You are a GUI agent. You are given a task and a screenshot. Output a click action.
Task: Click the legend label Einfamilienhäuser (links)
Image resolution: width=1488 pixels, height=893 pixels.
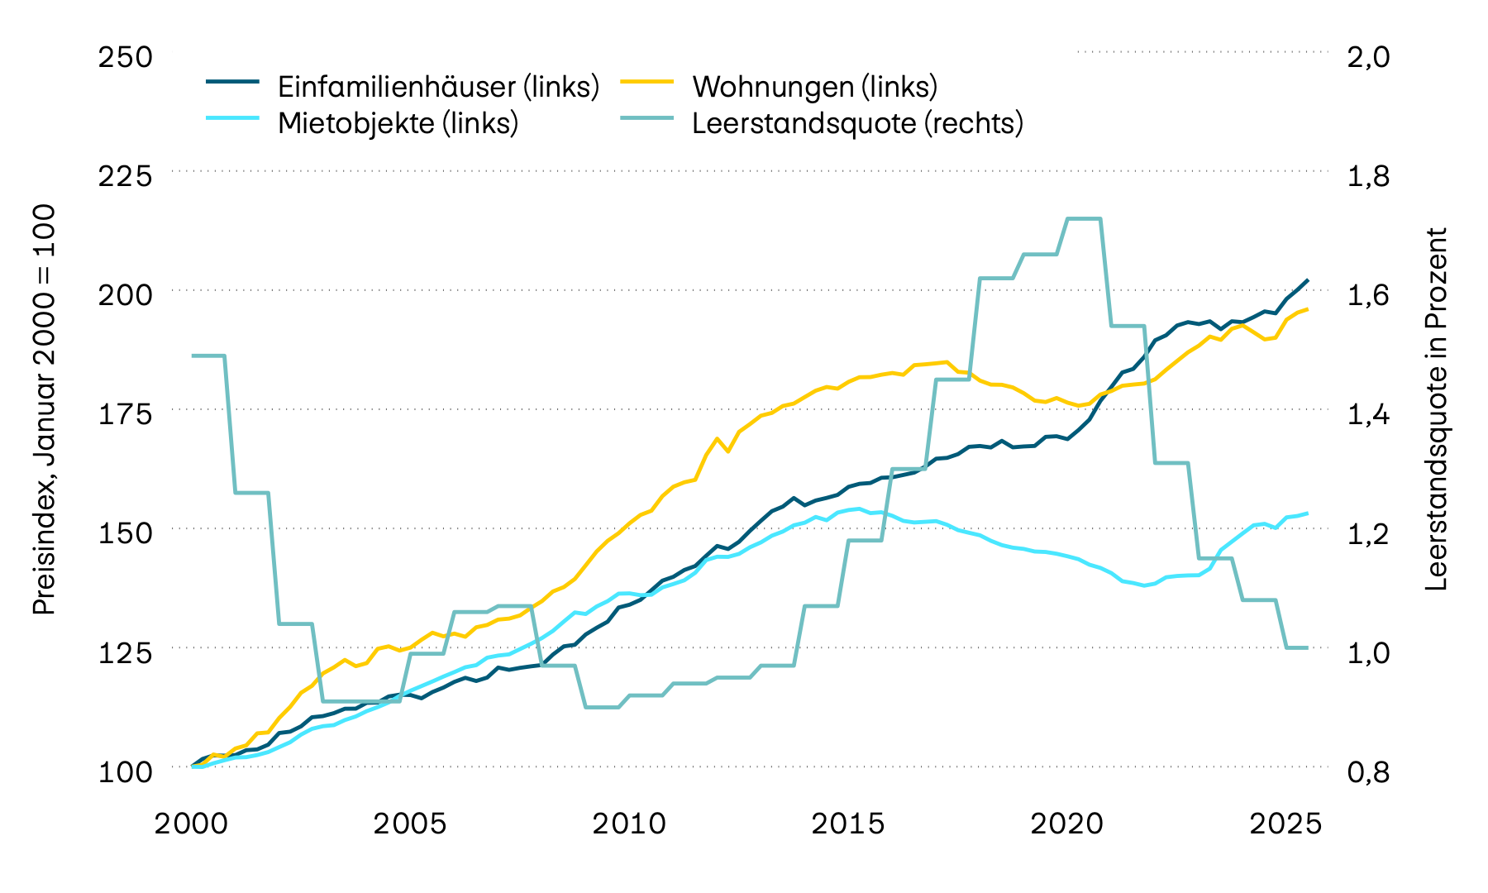coord(438,86)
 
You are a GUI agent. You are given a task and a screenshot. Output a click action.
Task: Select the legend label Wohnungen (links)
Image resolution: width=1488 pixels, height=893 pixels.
coord(814,86)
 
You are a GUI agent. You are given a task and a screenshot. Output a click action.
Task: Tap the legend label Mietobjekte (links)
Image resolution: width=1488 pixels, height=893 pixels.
coord(398,122)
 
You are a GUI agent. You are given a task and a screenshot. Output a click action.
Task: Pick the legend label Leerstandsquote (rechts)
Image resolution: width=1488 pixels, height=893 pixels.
coord(857,122)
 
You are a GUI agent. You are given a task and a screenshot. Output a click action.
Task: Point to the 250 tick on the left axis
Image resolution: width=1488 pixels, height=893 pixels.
coord(125,57)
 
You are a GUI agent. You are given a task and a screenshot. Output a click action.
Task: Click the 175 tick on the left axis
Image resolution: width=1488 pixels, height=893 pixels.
coord(125,413)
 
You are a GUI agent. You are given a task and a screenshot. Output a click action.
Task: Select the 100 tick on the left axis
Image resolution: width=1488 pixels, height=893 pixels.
coord(125,771)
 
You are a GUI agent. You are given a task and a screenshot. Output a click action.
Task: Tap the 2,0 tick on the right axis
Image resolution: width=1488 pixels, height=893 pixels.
coord(1368,57)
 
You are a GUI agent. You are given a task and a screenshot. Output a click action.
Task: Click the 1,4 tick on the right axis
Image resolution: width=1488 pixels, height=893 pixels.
coord(1368,413)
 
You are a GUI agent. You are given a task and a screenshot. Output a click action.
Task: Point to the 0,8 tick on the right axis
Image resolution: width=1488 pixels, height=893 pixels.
coord(1368,771)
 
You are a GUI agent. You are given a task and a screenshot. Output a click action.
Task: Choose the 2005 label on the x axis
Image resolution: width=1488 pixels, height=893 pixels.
coord(410,824)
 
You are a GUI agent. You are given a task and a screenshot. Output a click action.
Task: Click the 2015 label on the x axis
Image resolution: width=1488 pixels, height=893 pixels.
coord(847,824)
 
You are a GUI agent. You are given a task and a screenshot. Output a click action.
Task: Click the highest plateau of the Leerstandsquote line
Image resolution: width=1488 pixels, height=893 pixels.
coord(1084,218)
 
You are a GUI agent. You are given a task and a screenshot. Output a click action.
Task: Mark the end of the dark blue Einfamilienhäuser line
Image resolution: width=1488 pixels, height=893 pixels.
coord(1308,279)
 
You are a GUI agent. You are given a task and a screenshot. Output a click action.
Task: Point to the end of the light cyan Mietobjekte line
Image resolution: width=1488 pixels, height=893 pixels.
coord(1308,513)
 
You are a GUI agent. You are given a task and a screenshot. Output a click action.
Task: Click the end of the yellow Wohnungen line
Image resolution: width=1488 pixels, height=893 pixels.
coord(1308,309)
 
